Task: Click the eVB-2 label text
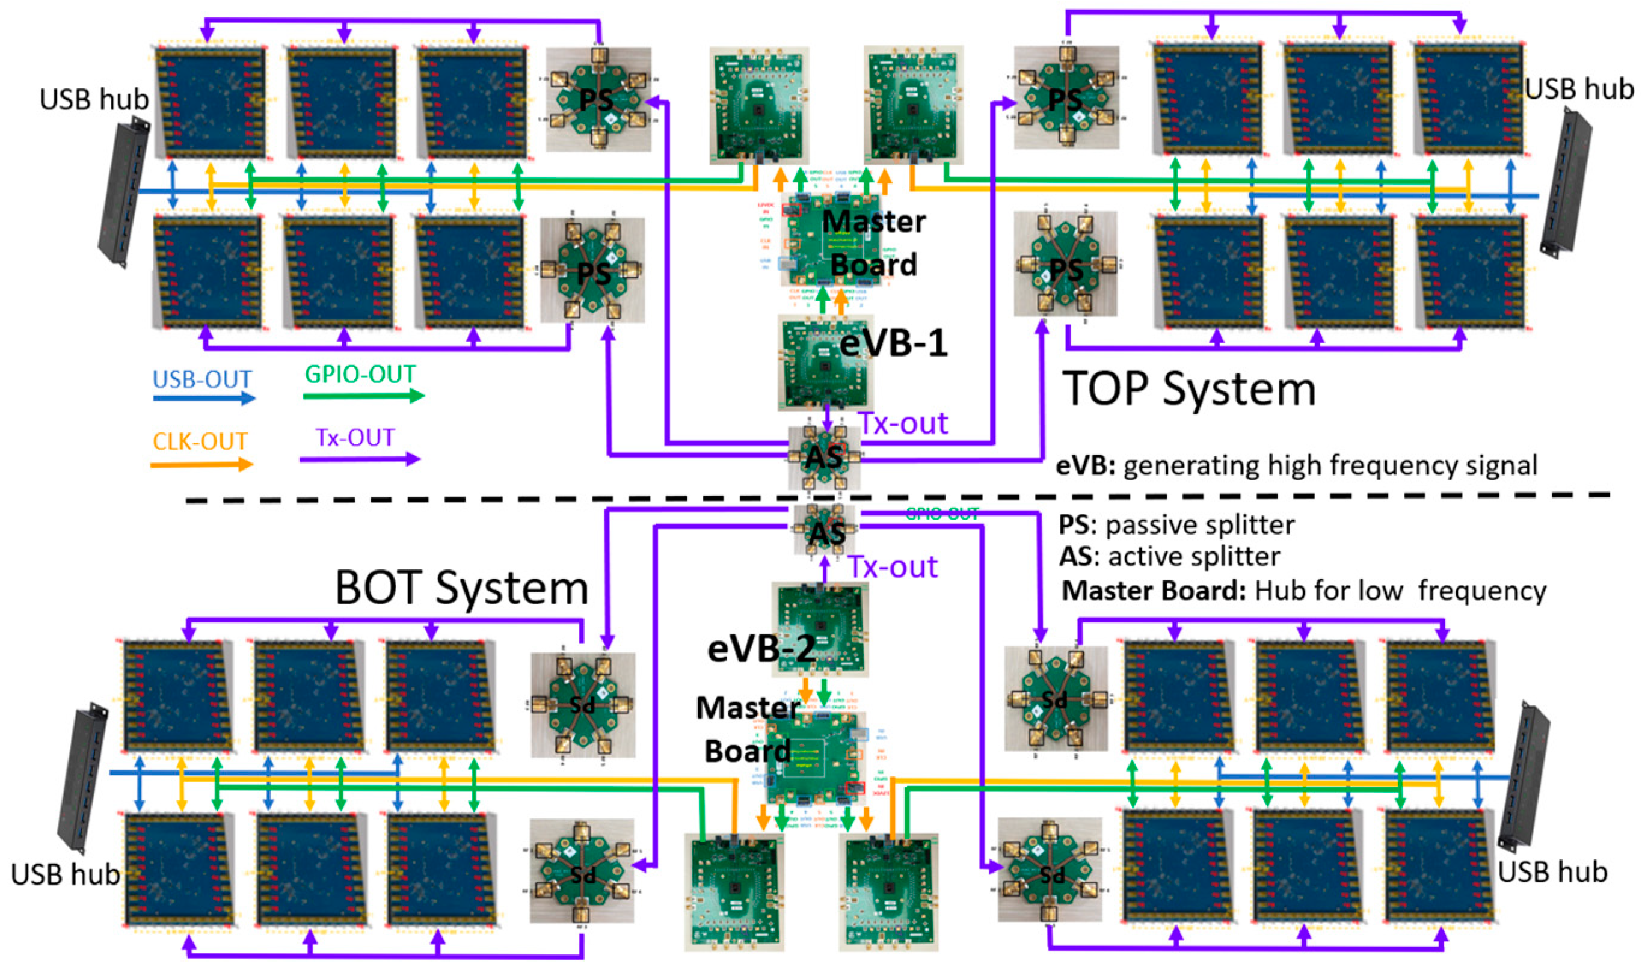pos(761,648)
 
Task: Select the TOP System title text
pos(1189,388)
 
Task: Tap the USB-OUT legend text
pos(202,379)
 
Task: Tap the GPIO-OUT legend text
pos(360,374)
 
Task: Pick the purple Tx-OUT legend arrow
pos(359,459)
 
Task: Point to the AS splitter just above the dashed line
pos(824,457)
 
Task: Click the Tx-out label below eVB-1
pos(903,423)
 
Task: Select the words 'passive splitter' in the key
pos(1199,525)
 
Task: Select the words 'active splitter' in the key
pos(1193,556)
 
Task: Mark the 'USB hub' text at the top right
pos(1578,89)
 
